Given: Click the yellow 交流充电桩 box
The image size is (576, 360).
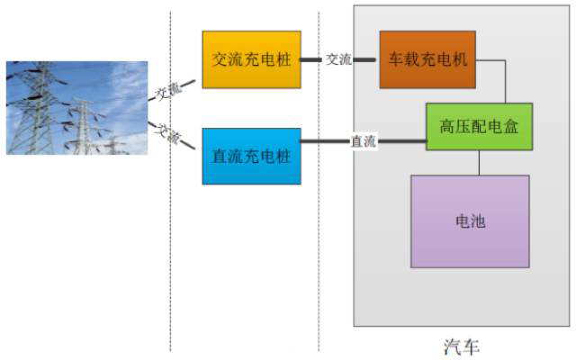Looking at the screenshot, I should [x=251, y=59].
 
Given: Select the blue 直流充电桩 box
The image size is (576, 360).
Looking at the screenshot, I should [x=251, y=156].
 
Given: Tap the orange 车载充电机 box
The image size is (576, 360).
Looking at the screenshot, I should [x=427, y=59].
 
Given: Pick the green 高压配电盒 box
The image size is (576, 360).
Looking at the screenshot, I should [x=478, y=126].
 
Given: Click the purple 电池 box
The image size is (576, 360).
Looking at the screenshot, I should [x=470, y=220].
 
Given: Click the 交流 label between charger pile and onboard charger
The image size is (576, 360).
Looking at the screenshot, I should [x=338, y=59].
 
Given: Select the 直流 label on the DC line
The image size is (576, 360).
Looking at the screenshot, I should [x=364, y=141].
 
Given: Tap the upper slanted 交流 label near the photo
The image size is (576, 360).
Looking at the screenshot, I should [x=167, y=91].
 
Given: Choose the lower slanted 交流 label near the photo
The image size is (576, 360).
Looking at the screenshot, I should [x=167, y=134].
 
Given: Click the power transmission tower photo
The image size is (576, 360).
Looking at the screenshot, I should [x=76, y=108].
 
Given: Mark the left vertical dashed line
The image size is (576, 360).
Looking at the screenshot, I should [x=170, y=225].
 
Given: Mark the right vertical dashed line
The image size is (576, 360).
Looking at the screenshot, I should [x=319, y=225].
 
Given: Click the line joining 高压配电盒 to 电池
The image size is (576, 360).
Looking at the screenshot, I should [x=479, y=162].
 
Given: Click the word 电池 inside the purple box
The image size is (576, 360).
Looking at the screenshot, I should [x=470, y=220].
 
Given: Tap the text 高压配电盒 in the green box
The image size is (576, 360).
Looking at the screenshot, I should [x=478, y=127].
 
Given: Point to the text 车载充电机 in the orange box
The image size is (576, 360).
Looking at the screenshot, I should [x=427, y=59].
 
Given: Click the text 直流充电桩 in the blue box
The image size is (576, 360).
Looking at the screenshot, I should [x=251, y=156].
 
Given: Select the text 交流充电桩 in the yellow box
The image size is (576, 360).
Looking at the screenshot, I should [x=251, y=59].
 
